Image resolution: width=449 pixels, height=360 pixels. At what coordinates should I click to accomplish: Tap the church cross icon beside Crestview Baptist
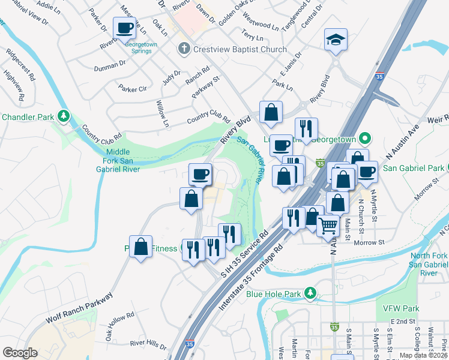(184, 49)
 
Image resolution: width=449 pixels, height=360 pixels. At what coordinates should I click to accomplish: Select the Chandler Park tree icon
(63, 116)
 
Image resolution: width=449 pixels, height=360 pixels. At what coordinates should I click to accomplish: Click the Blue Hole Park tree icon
(310, 293)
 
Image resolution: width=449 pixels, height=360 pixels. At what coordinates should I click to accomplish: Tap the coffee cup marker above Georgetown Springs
(125, 28)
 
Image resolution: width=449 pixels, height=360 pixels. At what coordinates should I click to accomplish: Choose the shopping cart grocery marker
(328, 226)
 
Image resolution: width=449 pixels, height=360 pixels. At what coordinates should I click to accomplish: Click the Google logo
(20, 353)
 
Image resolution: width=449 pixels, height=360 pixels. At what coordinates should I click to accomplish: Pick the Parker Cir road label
(133, 89)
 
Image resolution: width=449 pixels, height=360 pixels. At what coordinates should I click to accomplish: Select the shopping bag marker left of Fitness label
(140, 247)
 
